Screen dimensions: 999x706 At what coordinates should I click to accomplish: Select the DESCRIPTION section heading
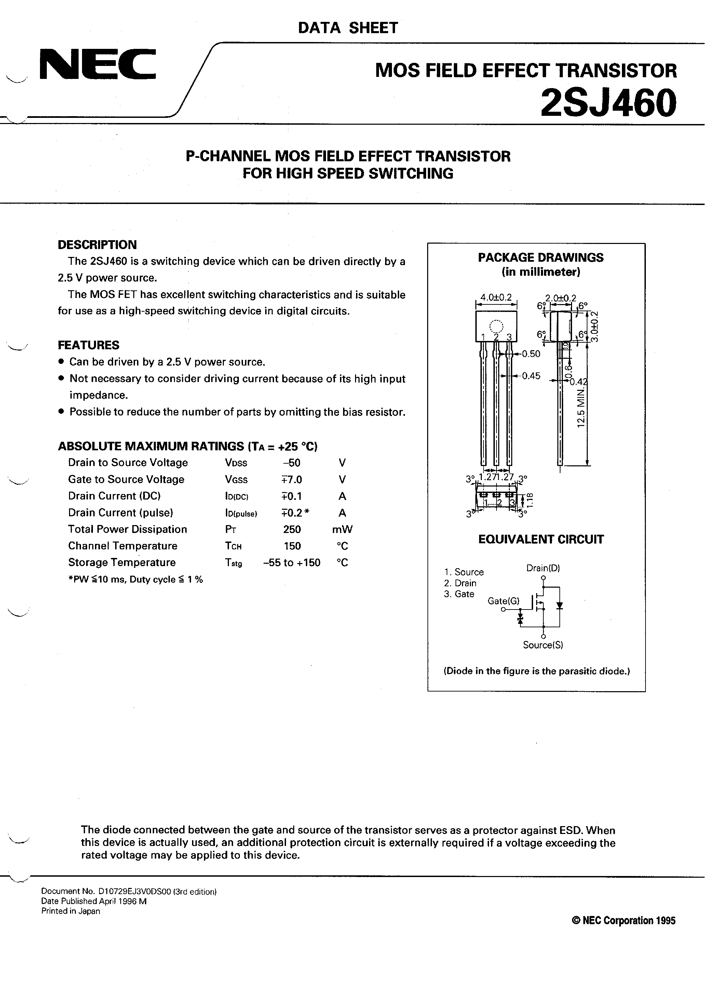pyautogui.click(x=97, y=245)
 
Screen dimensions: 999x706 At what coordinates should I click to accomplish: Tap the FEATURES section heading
pyautogui.click(x=89, y=345)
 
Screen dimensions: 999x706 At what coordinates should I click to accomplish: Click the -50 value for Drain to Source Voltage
pyautogui.click(x=291, y=463)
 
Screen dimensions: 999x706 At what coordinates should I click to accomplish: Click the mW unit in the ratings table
pyautogui.click(x=342, y=529)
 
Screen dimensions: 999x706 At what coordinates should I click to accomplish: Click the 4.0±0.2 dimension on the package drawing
pyautogui.click(x=496, y=298)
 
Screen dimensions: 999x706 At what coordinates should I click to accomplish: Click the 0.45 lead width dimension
pyautogui.click(x=531, y=376)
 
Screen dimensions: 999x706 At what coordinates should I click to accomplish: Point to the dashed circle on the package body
pyautogui.click(x=496, y=326)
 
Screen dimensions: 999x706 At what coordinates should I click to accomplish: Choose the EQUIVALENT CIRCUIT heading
pyautogui.click(x=541, y=539)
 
